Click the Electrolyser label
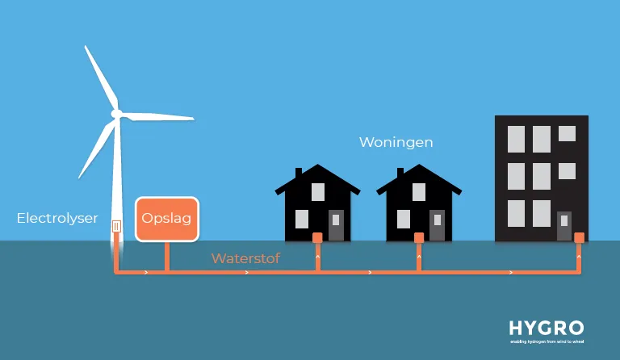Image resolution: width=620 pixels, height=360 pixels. [57, 218]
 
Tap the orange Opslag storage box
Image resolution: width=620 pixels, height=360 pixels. [166, 218]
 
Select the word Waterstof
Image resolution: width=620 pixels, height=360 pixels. [245, 259]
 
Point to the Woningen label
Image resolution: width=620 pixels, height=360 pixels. [396, 142]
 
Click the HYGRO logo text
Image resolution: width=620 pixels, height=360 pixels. [546, 328]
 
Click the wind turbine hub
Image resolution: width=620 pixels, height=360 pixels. [116, 114]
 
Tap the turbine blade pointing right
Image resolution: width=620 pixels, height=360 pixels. [157, 116]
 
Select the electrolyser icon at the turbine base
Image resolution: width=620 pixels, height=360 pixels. [117, 228]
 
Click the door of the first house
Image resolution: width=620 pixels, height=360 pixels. [336, 225]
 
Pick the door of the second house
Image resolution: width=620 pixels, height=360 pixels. [437, 225]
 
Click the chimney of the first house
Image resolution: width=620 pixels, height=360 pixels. [299, 173]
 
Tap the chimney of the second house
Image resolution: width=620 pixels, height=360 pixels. [400, 173]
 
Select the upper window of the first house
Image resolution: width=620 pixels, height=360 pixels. [318, 192]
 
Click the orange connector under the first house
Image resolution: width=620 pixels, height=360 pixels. [318, 237]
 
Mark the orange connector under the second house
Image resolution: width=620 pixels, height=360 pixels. [419, 237]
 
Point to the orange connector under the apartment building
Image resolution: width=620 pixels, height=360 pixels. [579, 237]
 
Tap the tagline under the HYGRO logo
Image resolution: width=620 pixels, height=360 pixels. [546, 341]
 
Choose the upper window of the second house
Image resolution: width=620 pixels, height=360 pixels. [419, 192]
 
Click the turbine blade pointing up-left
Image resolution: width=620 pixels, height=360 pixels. [99, 77]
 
